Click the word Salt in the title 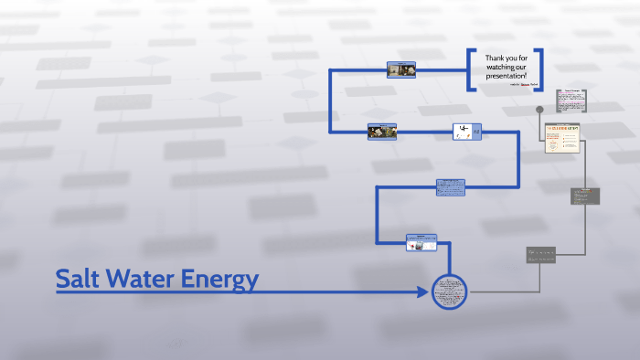pos(77,279)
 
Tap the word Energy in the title pos(219,280)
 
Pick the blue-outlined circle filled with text pos(449,292)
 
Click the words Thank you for pos(506,58)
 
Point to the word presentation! pos(506,75)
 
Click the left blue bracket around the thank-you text pos(472,69)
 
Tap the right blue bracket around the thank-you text pos(539,69)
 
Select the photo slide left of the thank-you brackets pos(401,69)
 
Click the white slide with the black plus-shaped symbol pos(464,132)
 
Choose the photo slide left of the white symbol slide pos(382,132)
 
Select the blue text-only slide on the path pos(450,187)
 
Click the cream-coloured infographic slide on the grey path pos(562,137)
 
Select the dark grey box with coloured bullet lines pos(585,196)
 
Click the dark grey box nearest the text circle pos(540,255)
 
